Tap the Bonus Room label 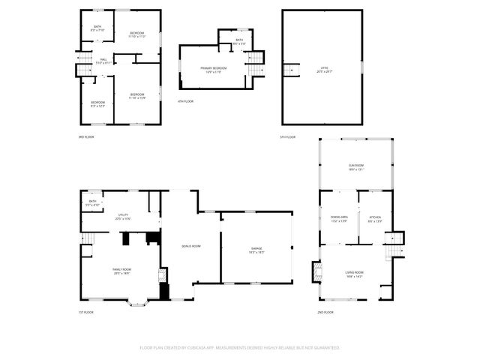pos(191,246)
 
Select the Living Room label pos(354,274)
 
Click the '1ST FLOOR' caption pos(86,311)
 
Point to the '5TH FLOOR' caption pos(288,136)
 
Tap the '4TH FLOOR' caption pos(185,101)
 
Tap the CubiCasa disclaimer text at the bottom pos(240,347)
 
